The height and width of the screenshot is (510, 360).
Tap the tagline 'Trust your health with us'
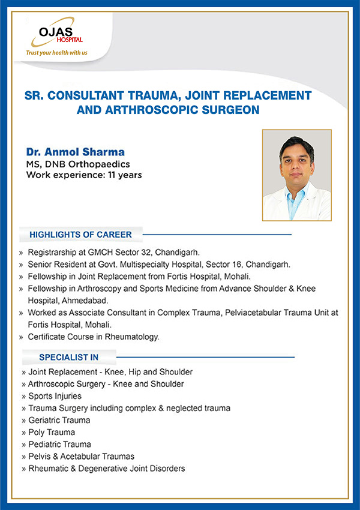[57, 53]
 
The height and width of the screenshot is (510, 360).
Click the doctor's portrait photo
[297, 175]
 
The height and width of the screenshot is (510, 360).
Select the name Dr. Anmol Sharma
[76, 152]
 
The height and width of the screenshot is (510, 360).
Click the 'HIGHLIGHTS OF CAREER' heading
[80, 235]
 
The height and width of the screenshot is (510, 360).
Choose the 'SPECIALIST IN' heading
[68, 357]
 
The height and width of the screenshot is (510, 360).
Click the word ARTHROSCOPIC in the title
[152, 110]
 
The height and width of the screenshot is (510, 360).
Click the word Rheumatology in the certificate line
[132, 337]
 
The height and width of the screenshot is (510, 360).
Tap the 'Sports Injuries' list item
[55, 396]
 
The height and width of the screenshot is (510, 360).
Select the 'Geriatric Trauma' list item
[59, 420]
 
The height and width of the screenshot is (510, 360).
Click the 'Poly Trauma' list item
[52, 432]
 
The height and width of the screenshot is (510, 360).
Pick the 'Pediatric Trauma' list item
[59, 444]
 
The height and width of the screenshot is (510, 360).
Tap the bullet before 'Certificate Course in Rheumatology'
[21, 337]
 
